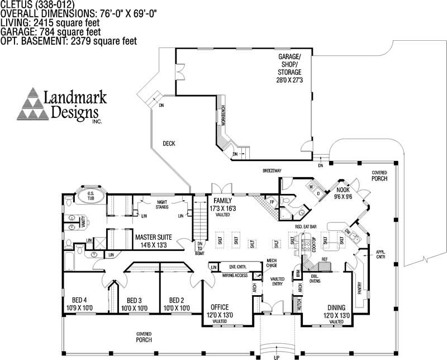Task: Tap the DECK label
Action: [x=169, y=144]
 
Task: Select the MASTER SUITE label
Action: [x=153, y=240]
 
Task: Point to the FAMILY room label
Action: [x=222, y=203]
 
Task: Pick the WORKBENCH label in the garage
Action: [x=223, y=114]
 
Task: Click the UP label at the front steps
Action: [x=277, y=356]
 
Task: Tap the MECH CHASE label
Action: [x=272, y=263]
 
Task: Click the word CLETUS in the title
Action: [x=13, y=4]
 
